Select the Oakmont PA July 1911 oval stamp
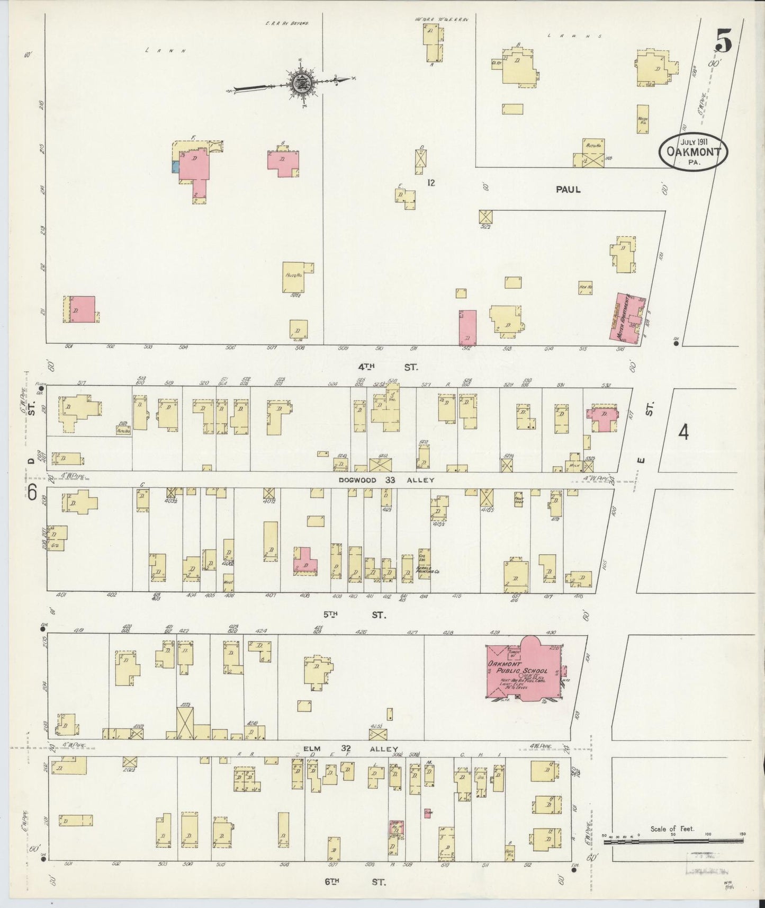tap(693, 152)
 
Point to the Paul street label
tap(568, 189)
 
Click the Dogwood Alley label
tap(386, 480)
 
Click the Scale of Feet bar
tap(673, 842)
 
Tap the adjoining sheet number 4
tap(683, 433)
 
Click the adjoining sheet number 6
tap(32, 493)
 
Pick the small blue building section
tap(175, 166)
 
